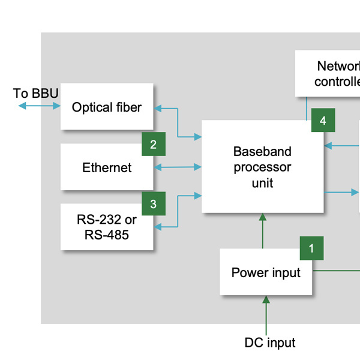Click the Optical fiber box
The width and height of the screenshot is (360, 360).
[x=107, y=107]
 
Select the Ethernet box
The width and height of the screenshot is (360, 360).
[x=107, y=167]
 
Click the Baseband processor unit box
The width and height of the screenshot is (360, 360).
[x=262, y=167]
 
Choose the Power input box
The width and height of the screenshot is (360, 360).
[x=266, y=273]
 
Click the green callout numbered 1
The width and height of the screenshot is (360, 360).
[x=311, y=248]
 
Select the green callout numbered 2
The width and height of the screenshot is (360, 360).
[x=154, y=144]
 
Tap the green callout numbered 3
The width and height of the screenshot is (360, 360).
[x=153, y=204]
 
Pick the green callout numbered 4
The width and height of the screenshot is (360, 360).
[x=323, y=121]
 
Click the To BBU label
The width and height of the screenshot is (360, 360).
[x=36, y=93]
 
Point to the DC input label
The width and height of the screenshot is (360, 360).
[x=270, y=343]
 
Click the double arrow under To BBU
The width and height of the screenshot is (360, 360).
[x=39, y=106]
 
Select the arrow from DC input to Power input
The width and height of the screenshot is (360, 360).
[x=266, y=314]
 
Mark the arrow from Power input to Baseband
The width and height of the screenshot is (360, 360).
[x=262, y=231]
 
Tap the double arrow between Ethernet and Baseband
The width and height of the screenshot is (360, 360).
[x=178, y=167]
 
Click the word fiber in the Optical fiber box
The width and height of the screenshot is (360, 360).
[x=127, y=107]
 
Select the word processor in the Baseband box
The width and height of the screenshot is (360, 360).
[x=262, y=167]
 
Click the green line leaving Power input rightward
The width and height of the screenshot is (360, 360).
[x=336, y=271]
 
